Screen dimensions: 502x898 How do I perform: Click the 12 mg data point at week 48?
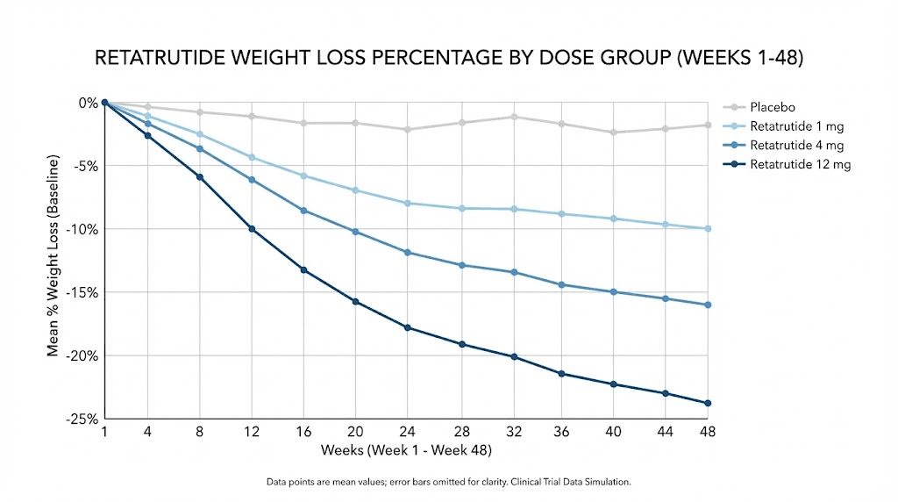point(707,403)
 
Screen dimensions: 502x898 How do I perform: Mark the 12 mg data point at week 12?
point(253,229)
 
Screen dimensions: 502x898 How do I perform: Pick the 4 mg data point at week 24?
point(408,253)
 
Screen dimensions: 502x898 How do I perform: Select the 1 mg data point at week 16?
point(304,176)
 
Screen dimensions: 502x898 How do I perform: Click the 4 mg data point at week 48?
point(707,305)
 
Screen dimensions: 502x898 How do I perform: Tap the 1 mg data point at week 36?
point(561,214)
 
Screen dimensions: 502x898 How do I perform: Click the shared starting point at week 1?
point(104,103)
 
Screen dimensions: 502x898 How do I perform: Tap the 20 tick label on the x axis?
point(356,433)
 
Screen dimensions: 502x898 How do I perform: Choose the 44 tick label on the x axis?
point(666,433)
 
